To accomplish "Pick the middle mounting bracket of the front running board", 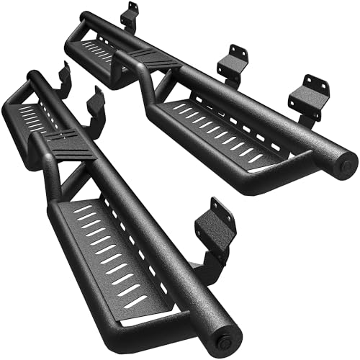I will click(97, 103).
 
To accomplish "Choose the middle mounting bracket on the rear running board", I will click(233, 60).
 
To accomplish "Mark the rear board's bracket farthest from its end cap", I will click(130, 17).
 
